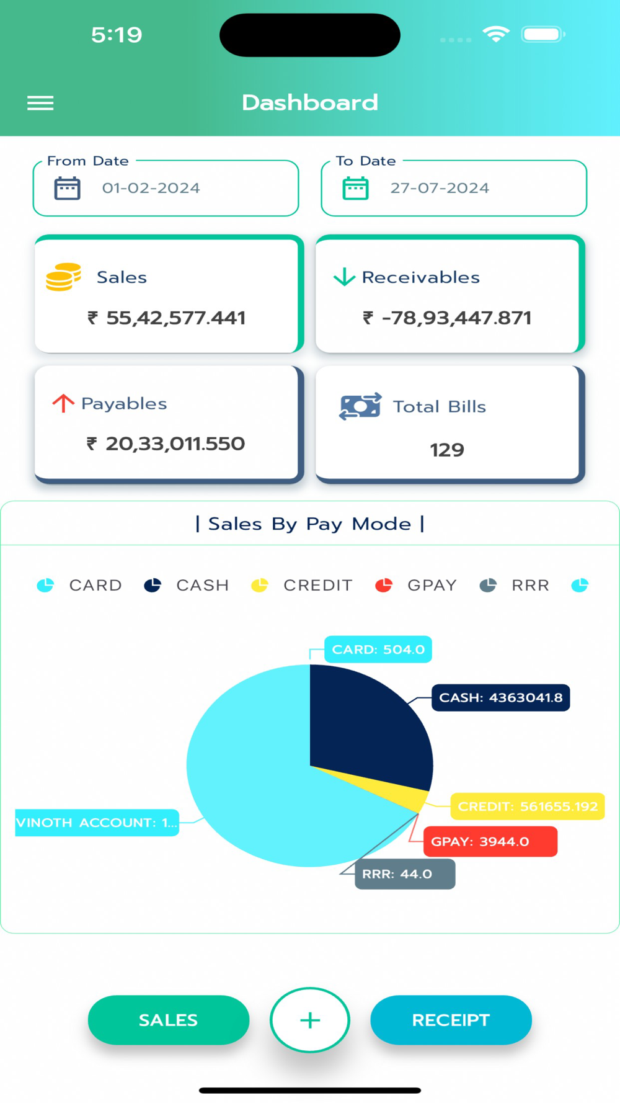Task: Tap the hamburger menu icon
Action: (40, 103)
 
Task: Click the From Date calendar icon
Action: (67, 188)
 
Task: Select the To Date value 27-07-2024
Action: (439, 188)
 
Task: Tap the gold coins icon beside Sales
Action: (63, 277)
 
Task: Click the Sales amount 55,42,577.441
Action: (175, 318)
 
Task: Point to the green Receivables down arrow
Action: (344, 277)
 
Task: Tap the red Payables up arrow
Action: (63, 403)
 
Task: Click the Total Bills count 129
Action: (447, 450)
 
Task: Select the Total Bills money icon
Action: (360, 406)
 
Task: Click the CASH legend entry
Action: (187, 585)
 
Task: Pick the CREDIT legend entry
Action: (302, 585)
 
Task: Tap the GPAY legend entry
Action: (416, 585)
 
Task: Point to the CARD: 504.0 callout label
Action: (378, 650)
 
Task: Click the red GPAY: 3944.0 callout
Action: (490, 842)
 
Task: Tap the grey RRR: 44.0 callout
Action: (404, 874)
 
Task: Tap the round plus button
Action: (310, 1020)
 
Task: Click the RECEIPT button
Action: (451, 1020)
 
